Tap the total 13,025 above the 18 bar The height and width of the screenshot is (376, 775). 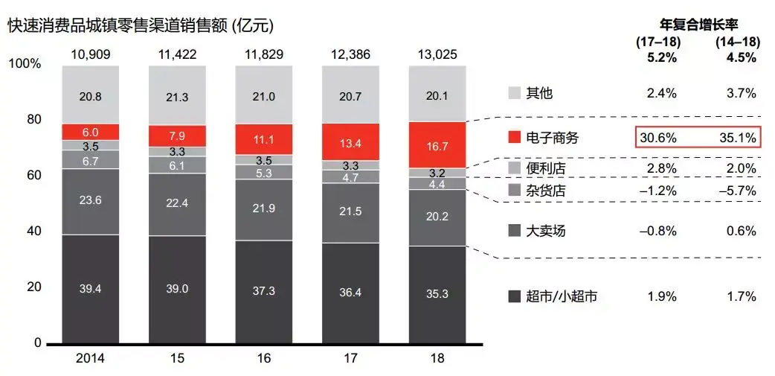pyautogui.click(x=437, y=54)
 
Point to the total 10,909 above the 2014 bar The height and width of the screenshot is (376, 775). pyautogui.click(x=90, y=54)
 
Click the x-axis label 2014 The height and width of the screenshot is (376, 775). pyautogui.click(x=90, y=359)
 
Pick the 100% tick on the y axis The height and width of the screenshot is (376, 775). pyautogui.click(x=25, y=64)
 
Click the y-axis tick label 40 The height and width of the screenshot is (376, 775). pyautogui.click(x=33, y=232)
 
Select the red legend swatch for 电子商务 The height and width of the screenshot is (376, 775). pyautogui.click(x=515, y=137)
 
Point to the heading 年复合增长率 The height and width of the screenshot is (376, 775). pyautogui.click(x=695, y=25)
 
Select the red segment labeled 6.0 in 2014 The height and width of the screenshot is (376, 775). pyautogui.click(x=90, y=132)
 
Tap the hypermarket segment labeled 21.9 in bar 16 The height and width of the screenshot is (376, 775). pyautogui.click(x=263, y=209)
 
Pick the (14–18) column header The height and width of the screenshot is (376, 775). pyautogui.click(x=736, y=42)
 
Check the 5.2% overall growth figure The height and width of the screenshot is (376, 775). pyautogui.click(x=655, y=57)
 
